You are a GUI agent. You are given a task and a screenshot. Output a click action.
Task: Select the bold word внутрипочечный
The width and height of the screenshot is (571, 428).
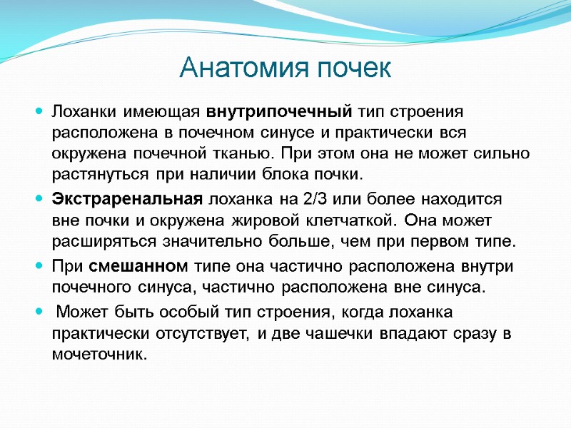coord(280,113)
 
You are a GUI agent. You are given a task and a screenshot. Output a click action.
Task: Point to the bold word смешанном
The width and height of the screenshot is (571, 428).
coord(138,267)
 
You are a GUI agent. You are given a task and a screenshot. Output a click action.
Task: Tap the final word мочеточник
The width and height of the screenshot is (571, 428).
coord(98,355)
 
